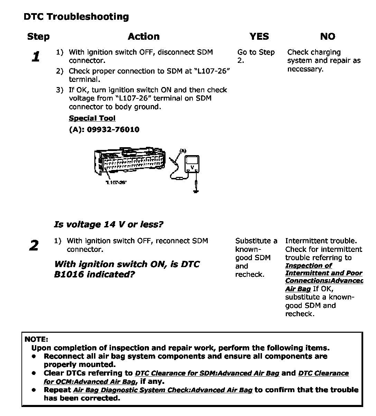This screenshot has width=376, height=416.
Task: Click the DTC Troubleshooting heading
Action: click(76, 17)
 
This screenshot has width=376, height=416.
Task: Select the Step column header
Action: click(38, 37)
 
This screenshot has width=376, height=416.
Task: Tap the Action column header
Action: click(143, 37)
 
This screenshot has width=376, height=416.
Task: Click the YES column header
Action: click(259, 37)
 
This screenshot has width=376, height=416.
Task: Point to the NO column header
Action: click(327, 37)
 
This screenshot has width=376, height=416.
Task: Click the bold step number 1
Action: click(36, 57)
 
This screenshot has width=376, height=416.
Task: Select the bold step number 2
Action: click(34, 246)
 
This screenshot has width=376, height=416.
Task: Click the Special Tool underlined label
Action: click(92, 118)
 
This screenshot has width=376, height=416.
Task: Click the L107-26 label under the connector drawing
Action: click(116, 182)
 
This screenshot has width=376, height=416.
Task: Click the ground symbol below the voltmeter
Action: click(196, 190)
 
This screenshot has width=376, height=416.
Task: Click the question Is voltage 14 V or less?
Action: click(109, 225)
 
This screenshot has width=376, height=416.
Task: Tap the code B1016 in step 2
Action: click(70, 274)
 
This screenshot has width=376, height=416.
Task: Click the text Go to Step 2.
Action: click(255, 56)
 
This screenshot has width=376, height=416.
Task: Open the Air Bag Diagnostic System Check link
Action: click(163, 390)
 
